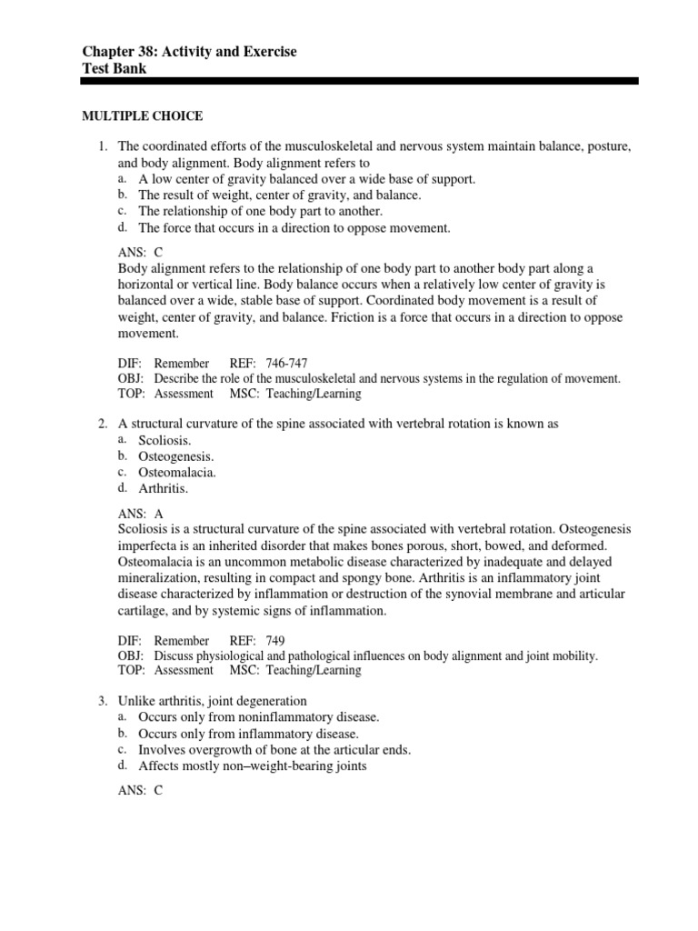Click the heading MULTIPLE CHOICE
pos(143,116)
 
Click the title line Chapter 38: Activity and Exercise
pos(189,53)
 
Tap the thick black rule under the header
pos(359,82)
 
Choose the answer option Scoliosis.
pos(164,440)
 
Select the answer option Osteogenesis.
pos(176,456)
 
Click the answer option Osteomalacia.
pos(177,473)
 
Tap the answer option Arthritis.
pos(163,489)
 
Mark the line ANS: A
pos(140,513)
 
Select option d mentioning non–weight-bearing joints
pos(253,766)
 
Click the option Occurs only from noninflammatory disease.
pos(258,717)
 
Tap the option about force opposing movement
pos(294,228)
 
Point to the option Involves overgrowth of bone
pos(274,750)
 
